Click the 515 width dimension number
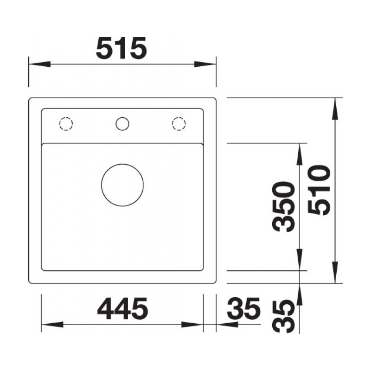click(122, 48)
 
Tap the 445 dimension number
click(122, 308)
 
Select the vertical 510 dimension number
click(319, 190)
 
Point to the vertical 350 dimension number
click(284, 206)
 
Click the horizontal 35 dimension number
click(243, 308)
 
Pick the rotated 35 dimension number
click(284, 316)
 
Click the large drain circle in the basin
click(122, 164)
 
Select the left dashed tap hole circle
click(66, 117)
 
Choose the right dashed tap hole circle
click(179, 117)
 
